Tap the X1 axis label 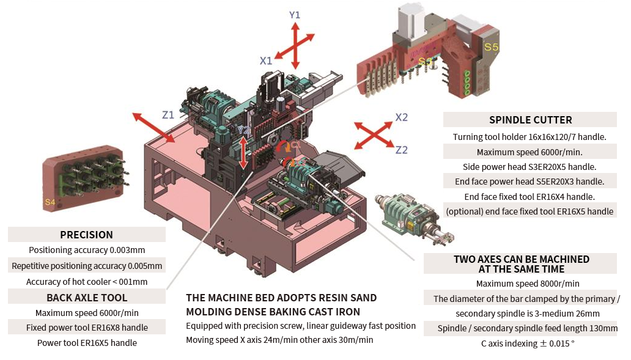265,61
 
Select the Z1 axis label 168,114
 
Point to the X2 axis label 401,117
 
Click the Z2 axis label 401,150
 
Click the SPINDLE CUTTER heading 530,120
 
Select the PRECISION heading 86,235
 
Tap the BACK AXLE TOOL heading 87,298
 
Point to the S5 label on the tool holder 491,46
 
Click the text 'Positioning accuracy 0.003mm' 87,250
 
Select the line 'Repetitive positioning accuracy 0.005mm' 87,266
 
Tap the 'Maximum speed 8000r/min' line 527,284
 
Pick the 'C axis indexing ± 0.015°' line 527,343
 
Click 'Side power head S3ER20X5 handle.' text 530,166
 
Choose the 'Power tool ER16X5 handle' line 87,343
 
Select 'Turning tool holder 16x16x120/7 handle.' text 530,136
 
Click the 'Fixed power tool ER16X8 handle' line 87,328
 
